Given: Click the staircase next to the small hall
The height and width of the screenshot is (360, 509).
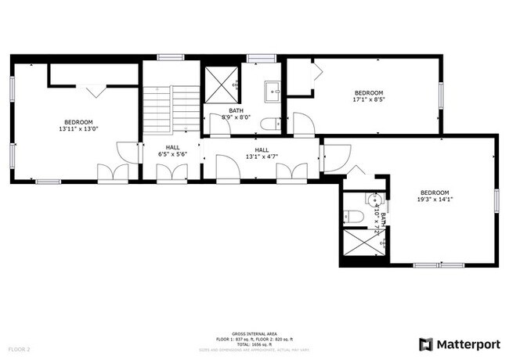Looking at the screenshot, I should [171, 108].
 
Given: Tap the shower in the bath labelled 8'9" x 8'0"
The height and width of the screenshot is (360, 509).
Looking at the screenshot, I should [221, 83].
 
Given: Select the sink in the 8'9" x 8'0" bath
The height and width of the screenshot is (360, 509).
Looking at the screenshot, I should [273, 90].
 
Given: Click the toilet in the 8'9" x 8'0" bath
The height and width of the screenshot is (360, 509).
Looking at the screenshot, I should [268, 124].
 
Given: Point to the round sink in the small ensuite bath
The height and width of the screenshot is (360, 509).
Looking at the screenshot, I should [374, 199].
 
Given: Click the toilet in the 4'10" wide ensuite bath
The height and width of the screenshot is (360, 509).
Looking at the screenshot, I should [352, 217].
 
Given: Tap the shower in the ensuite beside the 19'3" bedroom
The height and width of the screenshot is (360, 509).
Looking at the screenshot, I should [363, 245].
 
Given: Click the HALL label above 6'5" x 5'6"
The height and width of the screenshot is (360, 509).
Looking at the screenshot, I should [173, 147].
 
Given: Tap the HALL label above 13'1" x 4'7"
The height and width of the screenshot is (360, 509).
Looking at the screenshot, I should [262, 149].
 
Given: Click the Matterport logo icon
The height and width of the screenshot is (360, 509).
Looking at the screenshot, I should [425, 344].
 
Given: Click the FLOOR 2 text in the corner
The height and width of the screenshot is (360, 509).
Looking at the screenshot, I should [20, 347].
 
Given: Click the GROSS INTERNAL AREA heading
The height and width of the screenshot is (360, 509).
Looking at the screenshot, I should [254, 333].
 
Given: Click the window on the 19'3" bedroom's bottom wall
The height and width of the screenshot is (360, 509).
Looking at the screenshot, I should [437, 265].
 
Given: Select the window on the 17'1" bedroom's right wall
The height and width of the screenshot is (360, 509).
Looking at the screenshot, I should [441, 95].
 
